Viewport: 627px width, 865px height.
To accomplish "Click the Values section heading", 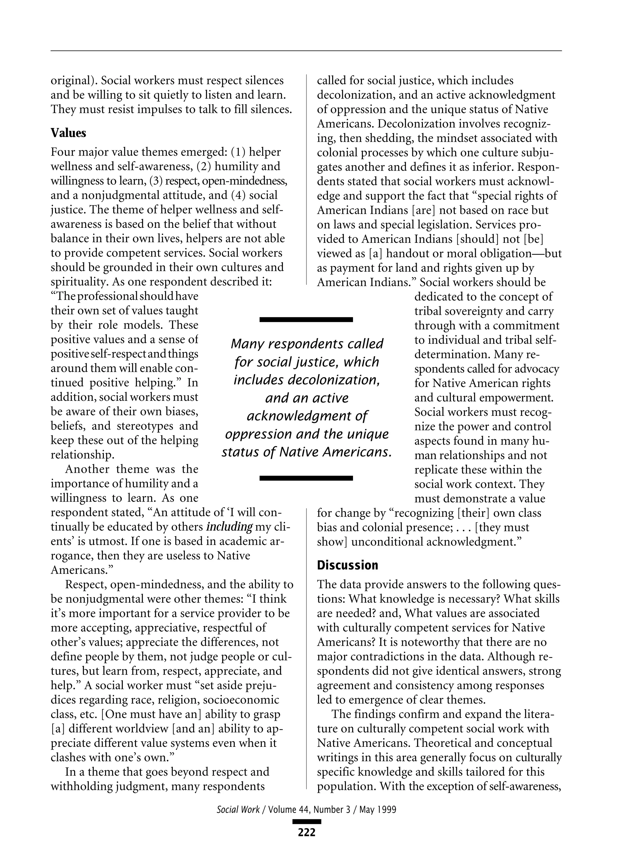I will click(68, 133).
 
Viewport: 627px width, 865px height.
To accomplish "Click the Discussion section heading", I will click(347, 565).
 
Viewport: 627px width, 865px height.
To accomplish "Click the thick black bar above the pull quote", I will click(306, 320).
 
